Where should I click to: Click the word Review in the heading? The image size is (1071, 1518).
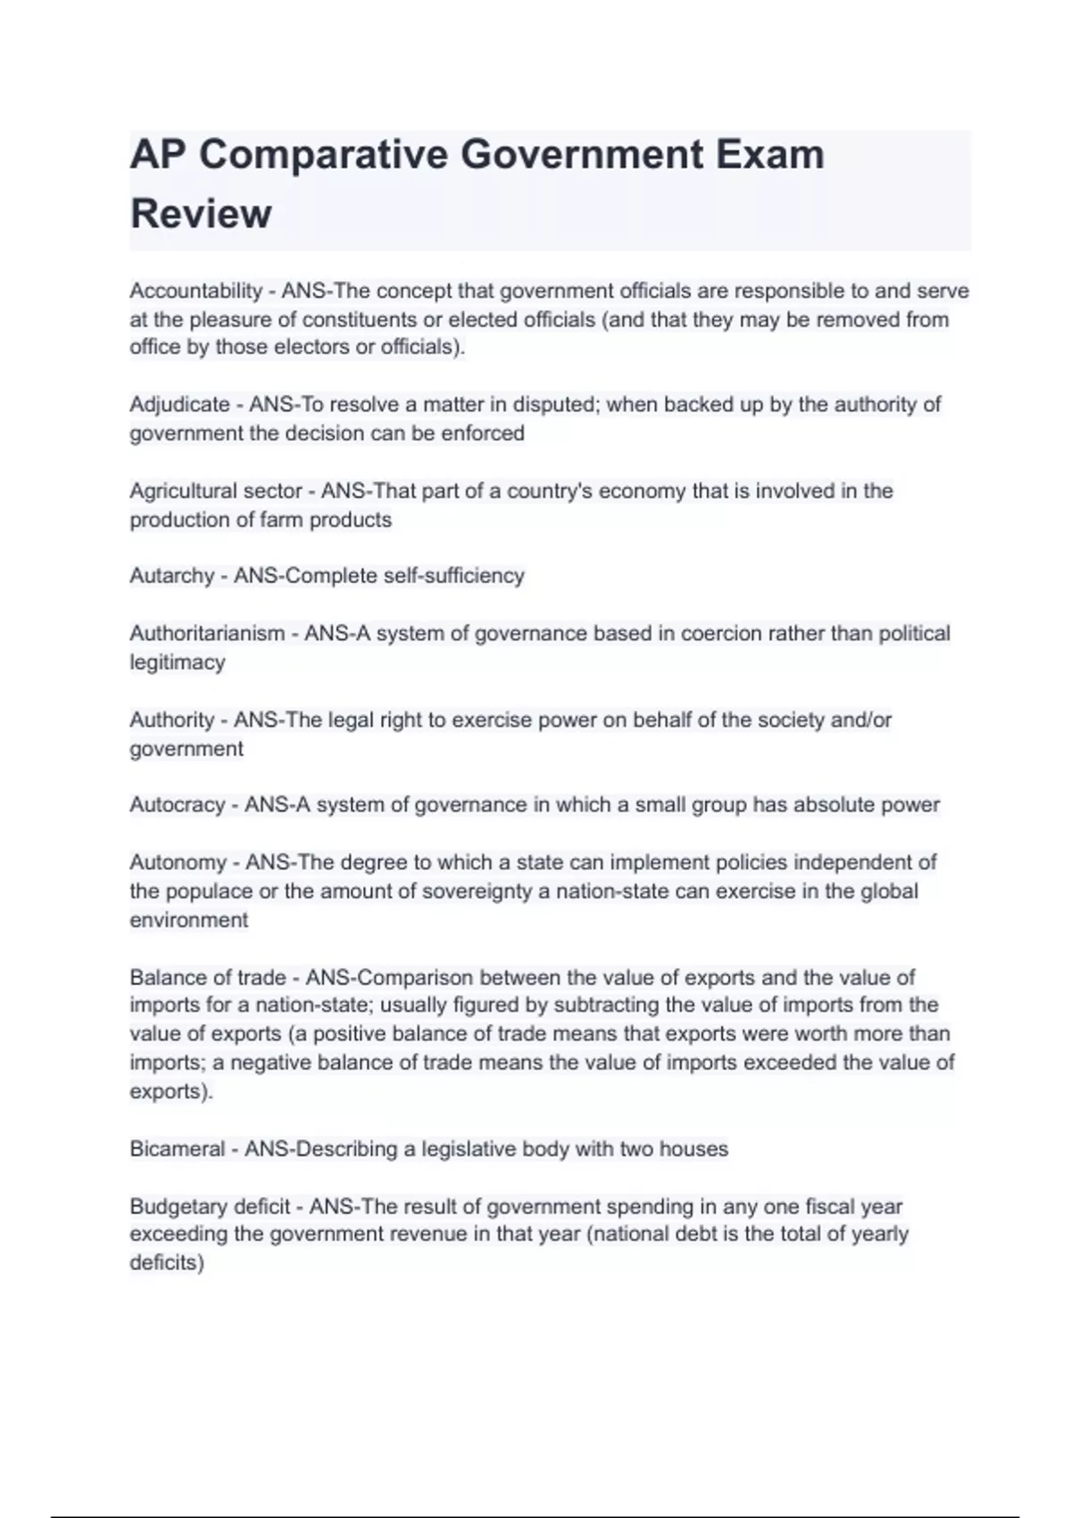coord(201,214)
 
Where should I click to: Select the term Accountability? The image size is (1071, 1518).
coord(195,291)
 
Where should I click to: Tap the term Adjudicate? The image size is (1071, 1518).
coord(179,405)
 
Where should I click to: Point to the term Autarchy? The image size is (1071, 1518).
coord(171,576)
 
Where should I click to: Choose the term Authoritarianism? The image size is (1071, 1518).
coord(207,633)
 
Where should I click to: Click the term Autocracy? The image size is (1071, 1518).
coord(178,805)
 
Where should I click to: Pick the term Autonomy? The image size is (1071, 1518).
coord(178,863)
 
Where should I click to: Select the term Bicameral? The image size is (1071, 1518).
coord(177,1149)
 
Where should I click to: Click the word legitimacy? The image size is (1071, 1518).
coord(177,663)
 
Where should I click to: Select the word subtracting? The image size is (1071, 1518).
coord(607,1005)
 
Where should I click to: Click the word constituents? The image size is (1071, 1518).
coord(359,320)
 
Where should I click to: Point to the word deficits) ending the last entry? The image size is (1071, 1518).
coord(167,1263)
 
